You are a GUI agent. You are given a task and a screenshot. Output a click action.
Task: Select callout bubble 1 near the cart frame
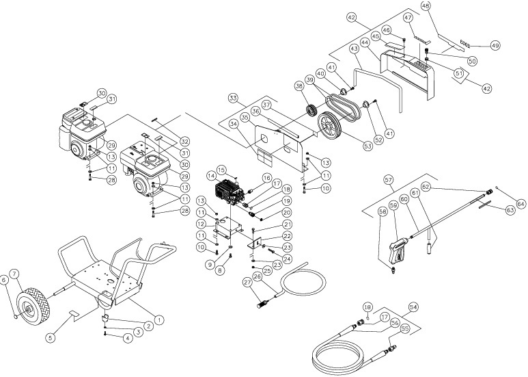click(159, 319)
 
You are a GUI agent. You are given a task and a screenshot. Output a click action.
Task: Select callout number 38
click(299, 87)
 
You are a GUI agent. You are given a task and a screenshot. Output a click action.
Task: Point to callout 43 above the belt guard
click(354, 49)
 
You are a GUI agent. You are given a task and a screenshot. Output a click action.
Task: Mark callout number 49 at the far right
click(496, 45)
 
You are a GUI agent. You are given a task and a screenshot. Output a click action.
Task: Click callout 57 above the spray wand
click(389, 180)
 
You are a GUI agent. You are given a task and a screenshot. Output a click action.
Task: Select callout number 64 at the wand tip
click(521, 203)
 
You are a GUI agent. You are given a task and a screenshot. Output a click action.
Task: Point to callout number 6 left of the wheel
click(5, 279)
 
